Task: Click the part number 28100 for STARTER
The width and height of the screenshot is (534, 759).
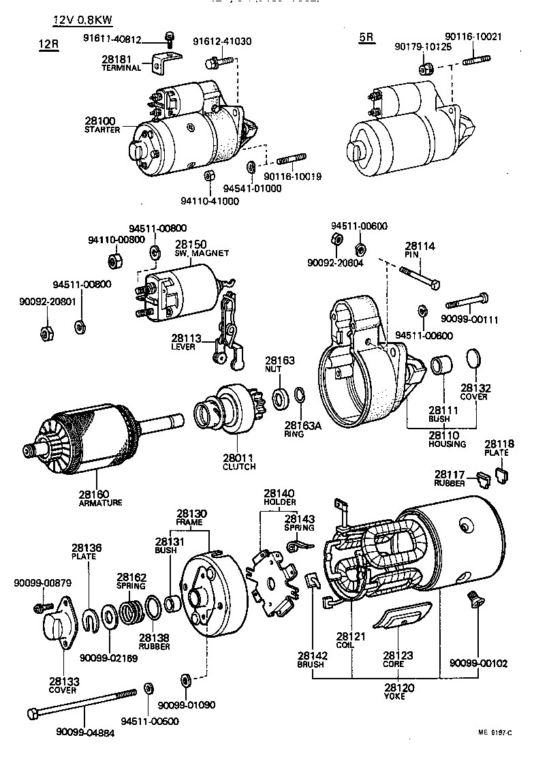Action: click(x=100, y=121)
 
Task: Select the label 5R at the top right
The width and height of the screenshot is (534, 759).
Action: click(x=366, y=38)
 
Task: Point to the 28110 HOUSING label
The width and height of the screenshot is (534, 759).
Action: click(x=447, y=439)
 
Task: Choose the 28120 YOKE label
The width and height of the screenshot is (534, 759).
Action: click(x=394, y=692)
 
